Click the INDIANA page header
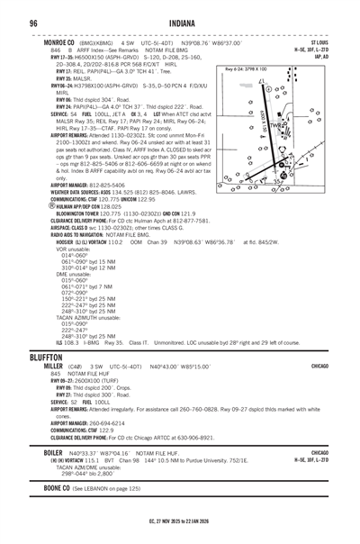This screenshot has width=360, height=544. point(179,23)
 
